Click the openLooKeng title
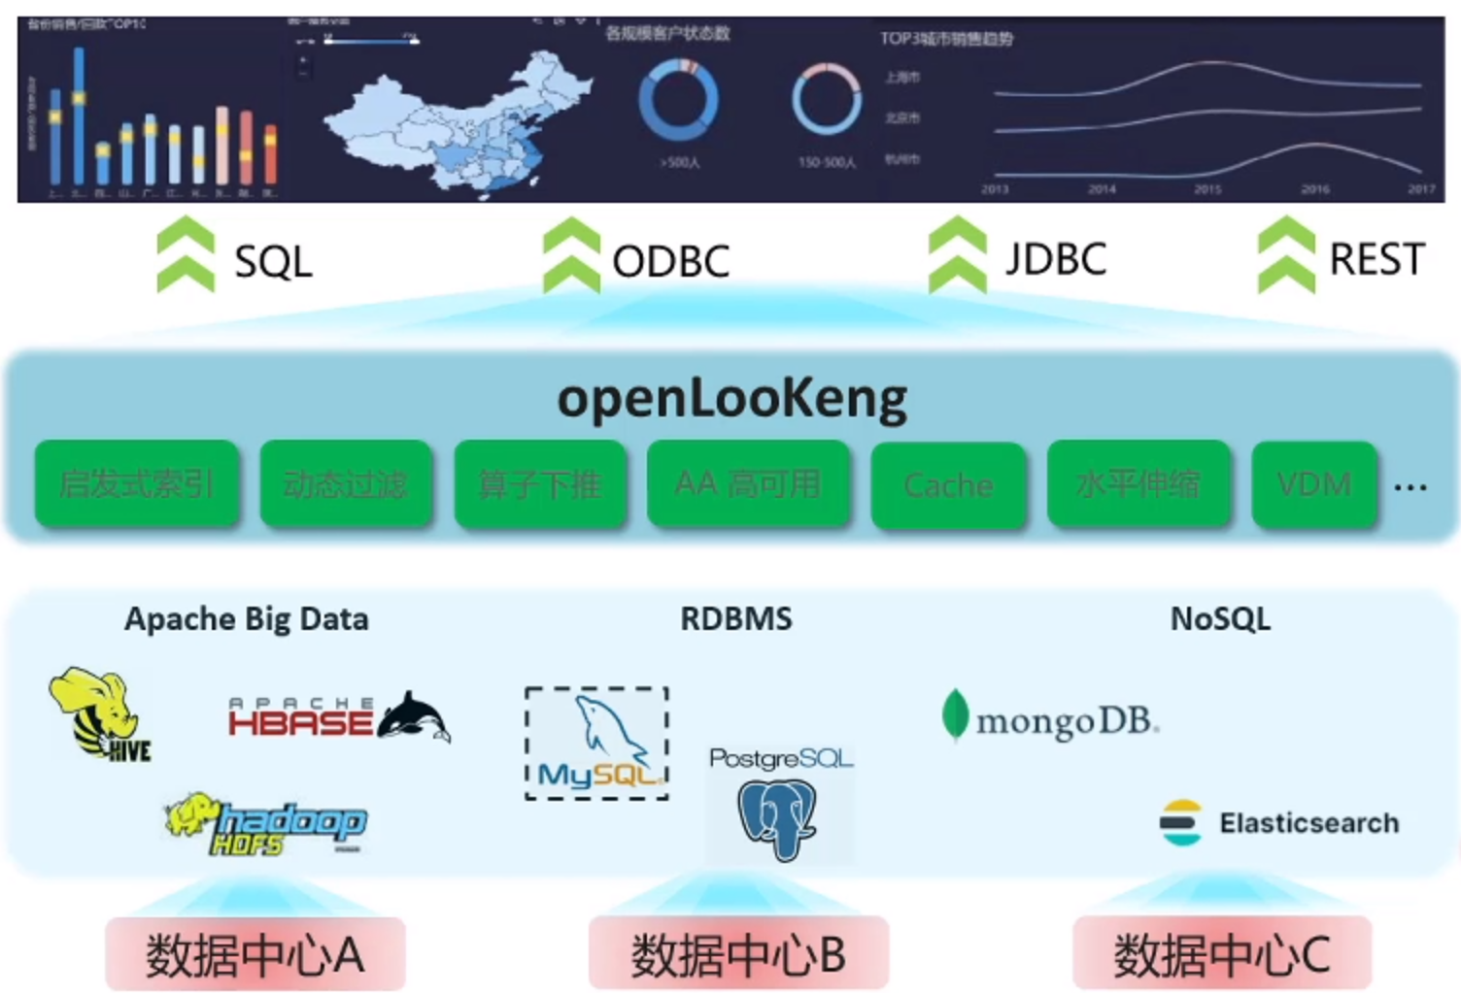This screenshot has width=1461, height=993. pyautogui.click(x=731, y=398)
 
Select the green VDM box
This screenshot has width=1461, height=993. pyautogui.click(x=1314, y=484)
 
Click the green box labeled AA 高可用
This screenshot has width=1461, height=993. pyautogui.click(x=748, y=483)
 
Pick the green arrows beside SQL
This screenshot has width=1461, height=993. pyautogui.click(x=186, y=255)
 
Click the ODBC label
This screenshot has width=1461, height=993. pyautogui.click(x=671, y=261)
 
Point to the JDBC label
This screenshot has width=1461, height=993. pyautogui.click(x=1056, y=259)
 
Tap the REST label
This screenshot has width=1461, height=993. pyautogui.click(x=1376, y=259)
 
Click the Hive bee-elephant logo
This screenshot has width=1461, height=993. pyautogui.click(x=99, y=713)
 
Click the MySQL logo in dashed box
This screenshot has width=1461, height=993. pyautogui.click(x=596, y=744)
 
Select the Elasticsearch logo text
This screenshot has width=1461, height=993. pyautogui.click(x=1308, y=823)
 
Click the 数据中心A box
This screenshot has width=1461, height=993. pyautogui.click(x=255, y=954)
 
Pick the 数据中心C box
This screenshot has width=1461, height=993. pyautogui.click(x=1222, y=954)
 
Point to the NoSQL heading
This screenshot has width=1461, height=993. pyautogui.click(x=1220, y=618)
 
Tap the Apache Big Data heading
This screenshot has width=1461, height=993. pyautogui.click(x=247, y=618)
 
